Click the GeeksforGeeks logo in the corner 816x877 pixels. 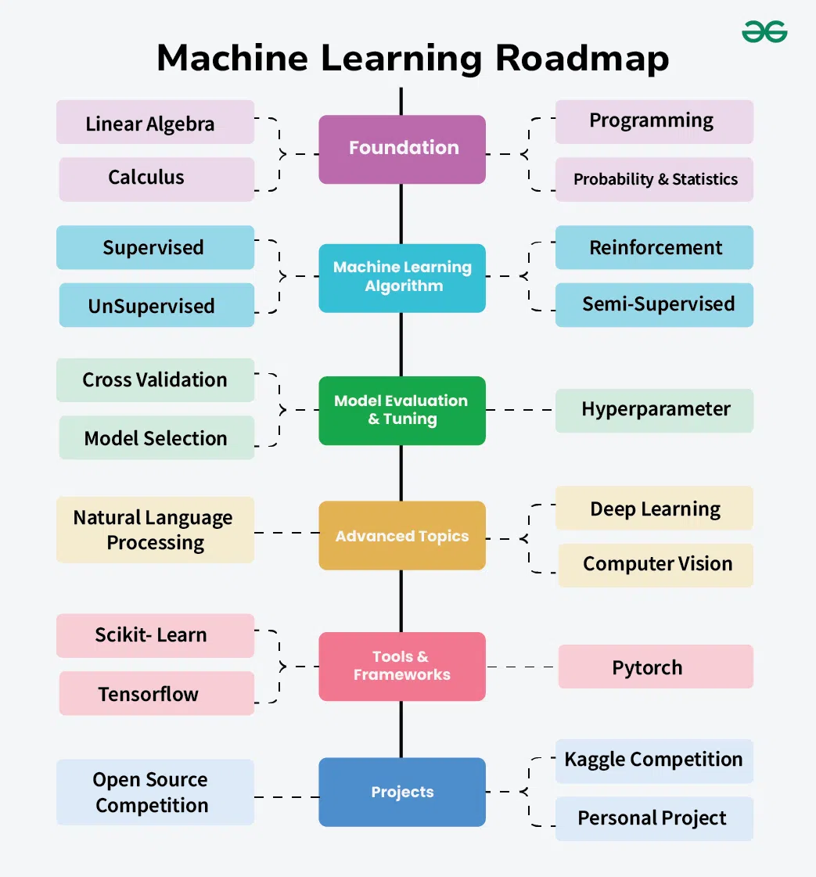(764, 32)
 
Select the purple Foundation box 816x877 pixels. (402, 149)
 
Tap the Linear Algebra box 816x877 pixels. (155, 123)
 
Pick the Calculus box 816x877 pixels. (156, 178)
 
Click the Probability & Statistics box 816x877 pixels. (654, 179)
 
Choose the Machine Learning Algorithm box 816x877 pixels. (402, 277)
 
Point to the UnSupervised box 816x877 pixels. (156, 305)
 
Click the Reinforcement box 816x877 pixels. (654, 248)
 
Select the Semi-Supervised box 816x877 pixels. (654, 304)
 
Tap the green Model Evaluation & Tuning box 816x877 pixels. (402, 410)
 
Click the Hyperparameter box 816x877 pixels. (654, 410)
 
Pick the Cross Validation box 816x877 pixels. (155, 380)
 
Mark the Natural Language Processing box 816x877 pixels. (155, 530)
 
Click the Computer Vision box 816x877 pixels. (656, 565)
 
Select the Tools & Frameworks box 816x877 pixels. (402, 666)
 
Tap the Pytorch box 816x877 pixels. (656, 667)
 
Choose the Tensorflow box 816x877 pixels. (156, 693)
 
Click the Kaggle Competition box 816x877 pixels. (654, 760)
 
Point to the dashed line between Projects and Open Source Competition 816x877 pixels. (286, 797)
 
